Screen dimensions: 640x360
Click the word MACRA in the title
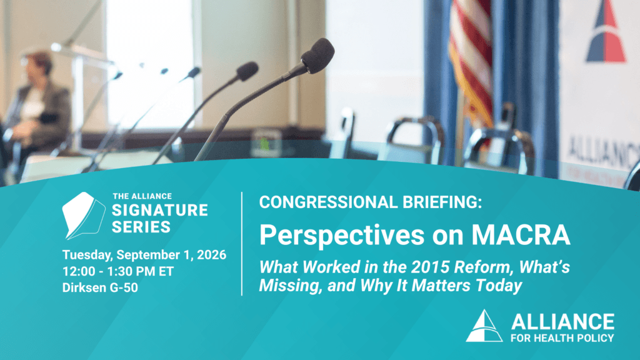tap(521, 235)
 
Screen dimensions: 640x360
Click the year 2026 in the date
tap(211, 255)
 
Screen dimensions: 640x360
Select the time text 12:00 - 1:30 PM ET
tap(118, 271)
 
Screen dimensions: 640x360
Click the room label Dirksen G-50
tap(100, 287)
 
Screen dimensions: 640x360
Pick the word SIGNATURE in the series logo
tap(160, 210)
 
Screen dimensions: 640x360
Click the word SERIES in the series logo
tap(141, 227)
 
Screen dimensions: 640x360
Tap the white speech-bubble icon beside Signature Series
tap(83, 215)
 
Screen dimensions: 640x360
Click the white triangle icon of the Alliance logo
tap(484, 326)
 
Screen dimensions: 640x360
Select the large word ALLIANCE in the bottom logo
tap(562, 322)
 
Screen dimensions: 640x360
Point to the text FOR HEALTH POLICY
tap(562, 338)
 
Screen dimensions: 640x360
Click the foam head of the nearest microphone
tap(318, 55)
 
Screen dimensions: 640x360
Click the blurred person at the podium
tap(39, 102)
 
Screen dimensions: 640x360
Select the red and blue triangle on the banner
tap(606, 32)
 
